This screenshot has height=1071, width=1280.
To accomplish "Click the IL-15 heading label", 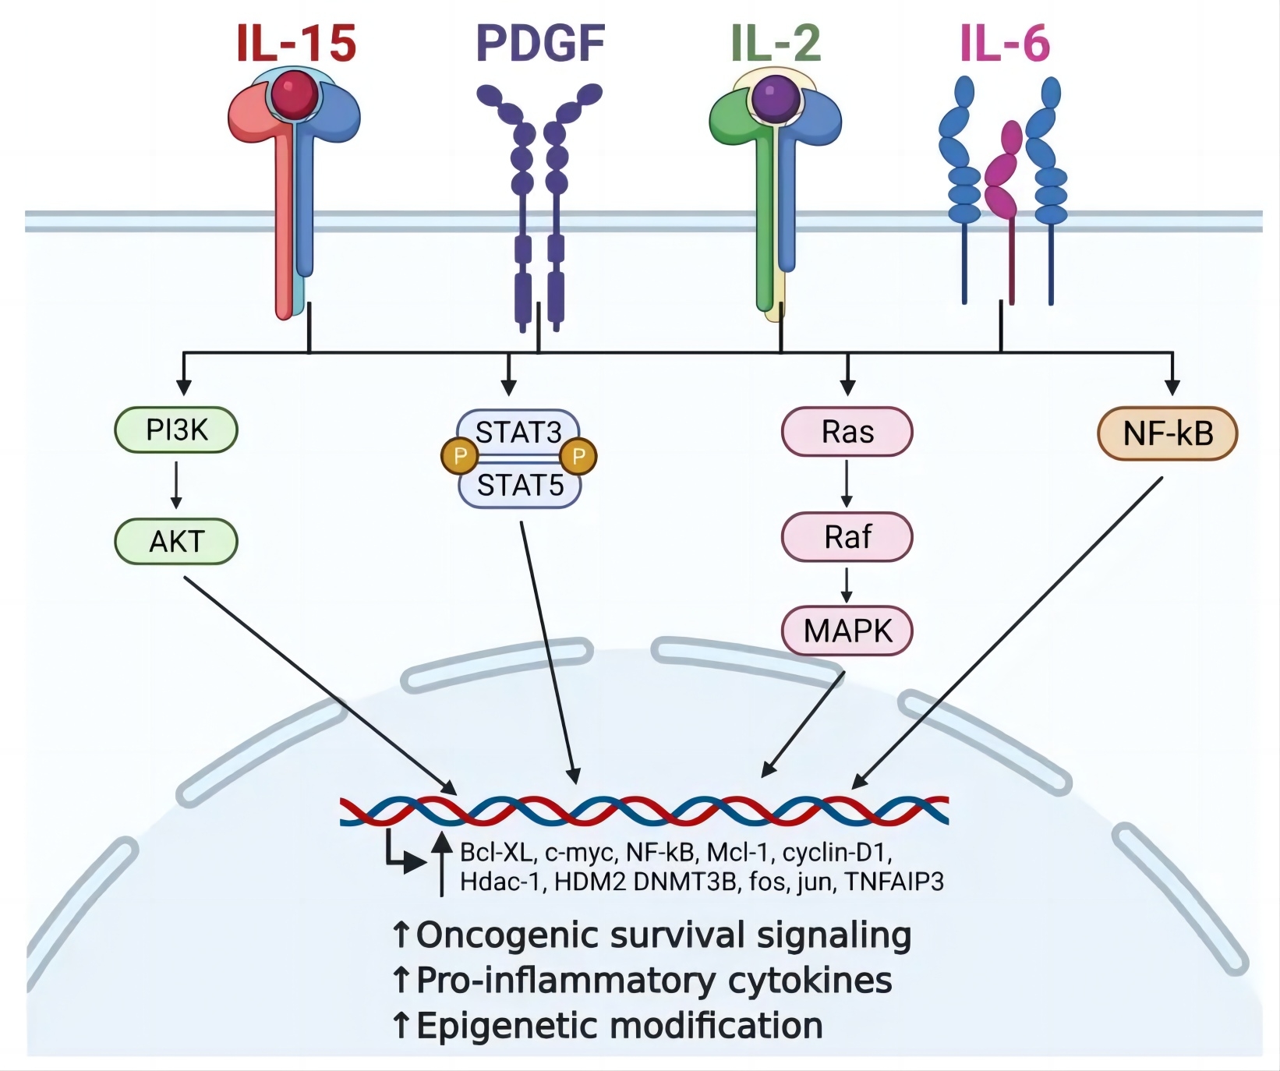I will coord(296,43).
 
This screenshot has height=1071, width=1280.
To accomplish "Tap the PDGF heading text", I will coord(540,43).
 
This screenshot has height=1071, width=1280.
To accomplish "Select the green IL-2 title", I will coord(776,43).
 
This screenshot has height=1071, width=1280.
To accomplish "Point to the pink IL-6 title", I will coord(1005,43).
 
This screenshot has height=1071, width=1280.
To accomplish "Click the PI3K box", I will coord(176,429).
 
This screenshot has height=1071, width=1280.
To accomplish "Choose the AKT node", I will coord(176,541).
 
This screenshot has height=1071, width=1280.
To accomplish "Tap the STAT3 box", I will coord(518,431).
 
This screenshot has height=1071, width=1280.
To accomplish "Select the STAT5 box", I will coord(520,486).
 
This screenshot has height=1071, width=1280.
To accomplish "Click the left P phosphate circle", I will coord(460,457).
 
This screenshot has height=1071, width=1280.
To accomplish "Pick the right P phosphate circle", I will coord(578,457).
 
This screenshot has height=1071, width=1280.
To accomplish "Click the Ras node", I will coord(847,432).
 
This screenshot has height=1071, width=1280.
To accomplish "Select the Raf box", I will coord(847,537).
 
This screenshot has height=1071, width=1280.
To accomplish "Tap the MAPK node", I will coord(847,631).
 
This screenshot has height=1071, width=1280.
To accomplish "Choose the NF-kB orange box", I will coord(1168,433).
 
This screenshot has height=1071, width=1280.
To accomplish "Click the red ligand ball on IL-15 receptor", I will coord(295,95).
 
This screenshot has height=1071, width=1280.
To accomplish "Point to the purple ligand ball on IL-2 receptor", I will coord(776,97).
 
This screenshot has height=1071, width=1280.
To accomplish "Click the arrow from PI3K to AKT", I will coord(176,485).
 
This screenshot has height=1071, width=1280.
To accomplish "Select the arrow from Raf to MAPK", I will coord(847,585).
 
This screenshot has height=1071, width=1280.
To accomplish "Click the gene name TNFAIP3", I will coord(894,882).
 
